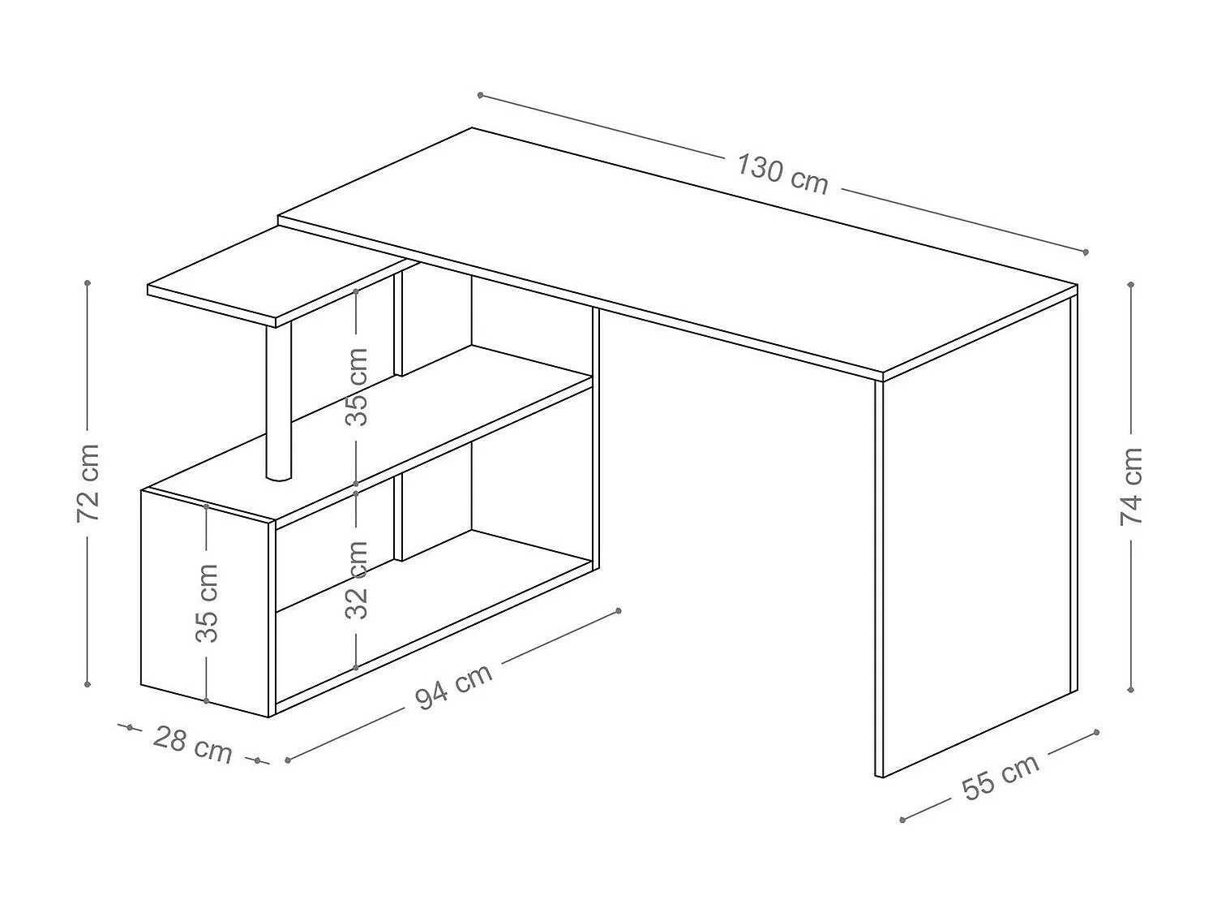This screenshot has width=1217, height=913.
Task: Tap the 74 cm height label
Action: [x=1131, y=485]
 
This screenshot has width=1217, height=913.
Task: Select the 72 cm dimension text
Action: [x=88, y=483]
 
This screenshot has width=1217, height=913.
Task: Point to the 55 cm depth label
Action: [x=1000, y=777]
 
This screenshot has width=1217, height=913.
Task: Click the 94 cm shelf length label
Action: [x=454, y=687]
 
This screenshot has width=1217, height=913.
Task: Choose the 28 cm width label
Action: [x=193, y=744]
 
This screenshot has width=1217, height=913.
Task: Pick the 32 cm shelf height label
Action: [x=357, y=579]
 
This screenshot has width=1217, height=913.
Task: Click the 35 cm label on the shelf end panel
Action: [x=208, y=602]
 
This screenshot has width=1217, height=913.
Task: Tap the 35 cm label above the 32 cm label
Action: [x=357, y=386]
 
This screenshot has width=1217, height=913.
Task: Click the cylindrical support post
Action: [x=277, y=402]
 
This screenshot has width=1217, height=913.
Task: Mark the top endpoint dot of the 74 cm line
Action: [x=1131, y=285]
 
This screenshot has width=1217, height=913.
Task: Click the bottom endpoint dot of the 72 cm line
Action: [x=88, y=685]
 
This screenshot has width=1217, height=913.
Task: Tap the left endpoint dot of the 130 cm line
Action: [x=481, y=95]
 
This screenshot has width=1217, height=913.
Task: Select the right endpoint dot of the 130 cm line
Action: [x=1086, y=252]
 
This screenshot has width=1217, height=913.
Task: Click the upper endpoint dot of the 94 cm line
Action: [x=619, y=610]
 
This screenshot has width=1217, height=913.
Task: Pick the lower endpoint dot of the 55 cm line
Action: [x=902, y=820]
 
